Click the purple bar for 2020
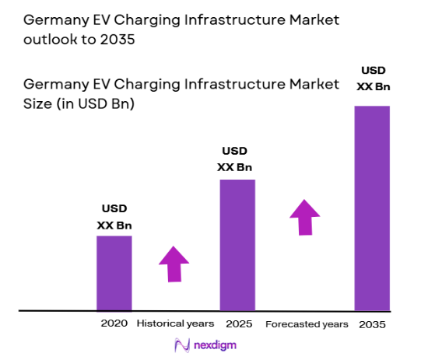[x=114, y=273]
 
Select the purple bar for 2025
[x=237, y=245]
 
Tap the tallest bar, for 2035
[x=372, y=208]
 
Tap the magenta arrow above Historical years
[x=174, y=264]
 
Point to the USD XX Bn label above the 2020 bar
[x=114, y=217]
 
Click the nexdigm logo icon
[x=182, y=344]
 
